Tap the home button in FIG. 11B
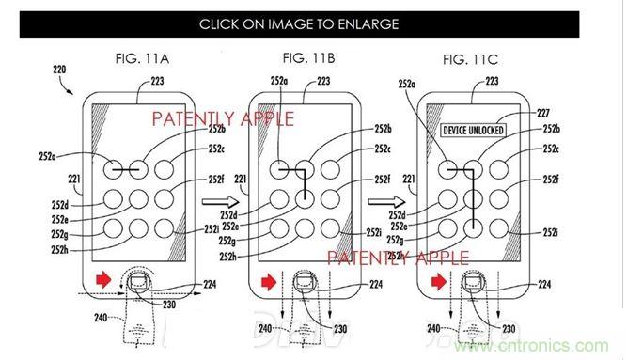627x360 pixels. [x=304, y=281]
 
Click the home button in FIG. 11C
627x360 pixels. [x=474, y=281]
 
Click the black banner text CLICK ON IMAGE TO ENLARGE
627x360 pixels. [x=312, y=24]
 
